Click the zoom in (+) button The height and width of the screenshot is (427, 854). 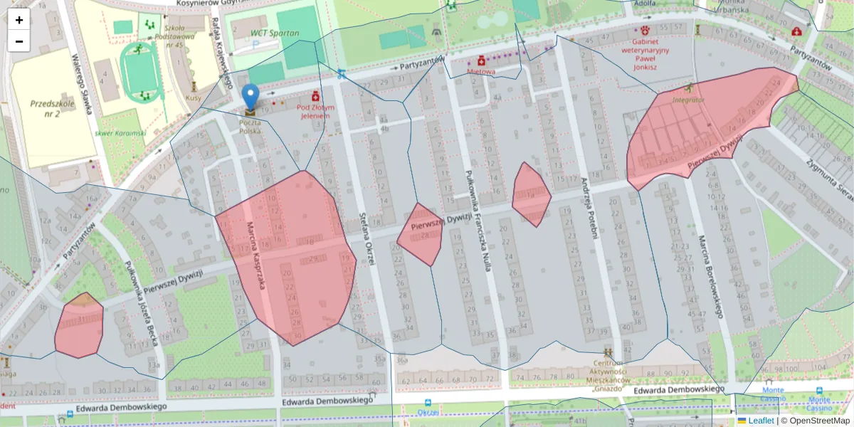pos(19,20)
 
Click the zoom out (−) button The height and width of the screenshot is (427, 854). pos(19,41)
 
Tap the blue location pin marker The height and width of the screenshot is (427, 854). pos(251,97)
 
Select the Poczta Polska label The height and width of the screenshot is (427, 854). pos(250,127)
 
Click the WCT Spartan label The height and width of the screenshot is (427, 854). pos(274,33)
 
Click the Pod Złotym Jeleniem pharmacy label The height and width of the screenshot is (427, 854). pos(315,111)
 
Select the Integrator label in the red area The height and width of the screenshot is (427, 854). pos(687,100)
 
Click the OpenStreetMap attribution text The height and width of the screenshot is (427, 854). pos(816,421)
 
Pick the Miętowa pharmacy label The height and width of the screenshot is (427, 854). pos(481,71)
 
